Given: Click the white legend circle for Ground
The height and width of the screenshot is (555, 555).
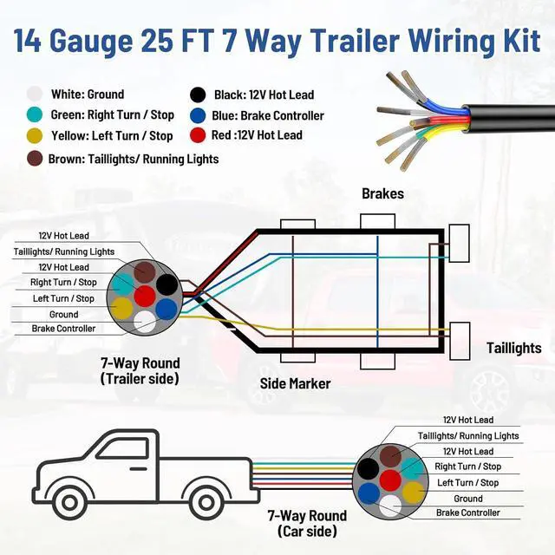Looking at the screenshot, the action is pos(35,95).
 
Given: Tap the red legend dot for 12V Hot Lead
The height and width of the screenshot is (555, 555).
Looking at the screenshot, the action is pos(199,135).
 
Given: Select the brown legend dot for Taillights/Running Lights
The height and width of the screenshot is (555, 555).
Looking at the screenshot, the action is pos(35,159).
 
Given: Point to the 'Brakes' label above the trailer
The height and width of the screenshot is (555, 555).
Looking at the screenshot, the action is pos(382,193).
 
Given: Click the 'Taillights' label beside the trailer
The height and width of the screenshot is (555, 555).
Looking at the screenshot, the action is pos(513,348).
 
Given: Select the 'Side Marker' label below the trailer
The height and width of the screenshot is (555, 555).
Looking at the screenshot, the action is pos(296,383).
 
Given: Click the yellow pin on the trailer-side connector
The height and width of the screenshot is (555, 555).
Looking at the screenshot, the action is pos(123,306).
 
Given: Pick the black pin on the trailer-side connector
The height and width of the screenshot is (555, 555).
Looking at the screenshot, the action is pos(166,284).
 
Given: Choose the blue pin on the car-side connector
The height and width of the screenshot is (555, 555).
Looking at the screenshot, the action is pos(369,492).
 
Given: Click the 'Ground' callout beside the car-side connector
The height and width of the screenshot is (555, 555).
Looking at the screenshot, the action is pos(468,499).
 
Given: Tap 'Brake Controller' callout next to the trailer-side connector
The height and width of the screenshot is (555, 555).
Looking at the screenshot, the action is pos(63,329).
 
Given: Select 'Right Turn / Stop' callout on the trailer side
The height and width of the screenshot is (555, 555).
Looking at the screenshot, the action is pos(63,283).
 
